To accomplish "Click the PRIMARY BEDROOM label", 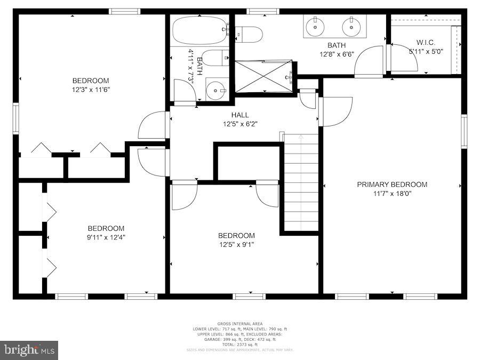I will pos(392,185).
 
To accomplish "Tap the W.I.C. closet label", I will pos(426,42).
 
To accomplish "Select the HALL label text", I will pos(240,115).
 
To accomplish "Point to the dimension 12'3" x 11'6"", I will pos(91,90).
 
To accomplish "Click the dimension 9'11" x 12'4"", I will pos(106,237).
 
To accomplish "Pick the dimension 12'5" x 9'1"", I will pos(236,245).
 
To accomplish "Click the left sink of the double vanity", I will pos(315,25).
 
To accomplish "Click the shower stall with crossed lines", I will pos(264,76).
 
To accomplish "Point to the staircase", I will pos(300,181).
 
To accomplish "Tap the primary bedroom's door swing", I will pos(336,110).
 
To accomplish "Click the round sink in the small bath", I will pos(216,90).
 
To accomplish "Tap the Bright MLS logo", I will pos(29,350).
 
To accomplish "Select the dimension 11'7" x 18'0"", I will pos(392,194).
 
